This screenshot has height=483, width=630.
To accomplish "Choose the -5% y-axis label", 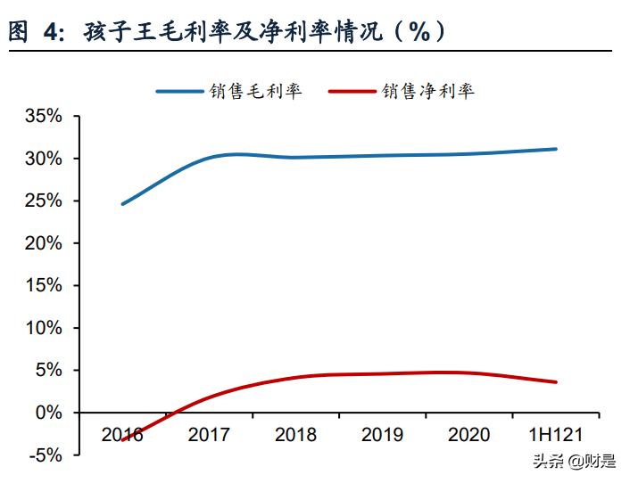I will point(43,454).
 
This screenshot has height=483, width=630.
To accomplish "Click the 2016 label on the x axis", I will point(122,435).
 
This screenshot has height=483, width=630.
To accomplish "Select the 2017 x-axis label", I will point(209,435).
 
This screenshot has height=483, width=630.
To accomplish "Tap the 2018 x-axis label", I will point(295,435).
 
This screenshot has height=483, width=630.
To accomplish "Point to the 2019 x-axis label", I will point(382,435).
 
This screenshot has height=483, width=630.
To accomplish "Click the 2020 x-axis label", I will point(468,435).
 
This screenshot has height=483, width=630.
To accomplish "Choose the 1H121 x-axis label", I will point(555,435).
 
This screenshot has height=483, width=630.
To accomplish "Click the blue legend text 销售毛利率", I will point(255,91).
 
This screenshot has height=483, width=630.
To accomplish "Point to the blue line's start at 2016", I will point(122,204).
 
